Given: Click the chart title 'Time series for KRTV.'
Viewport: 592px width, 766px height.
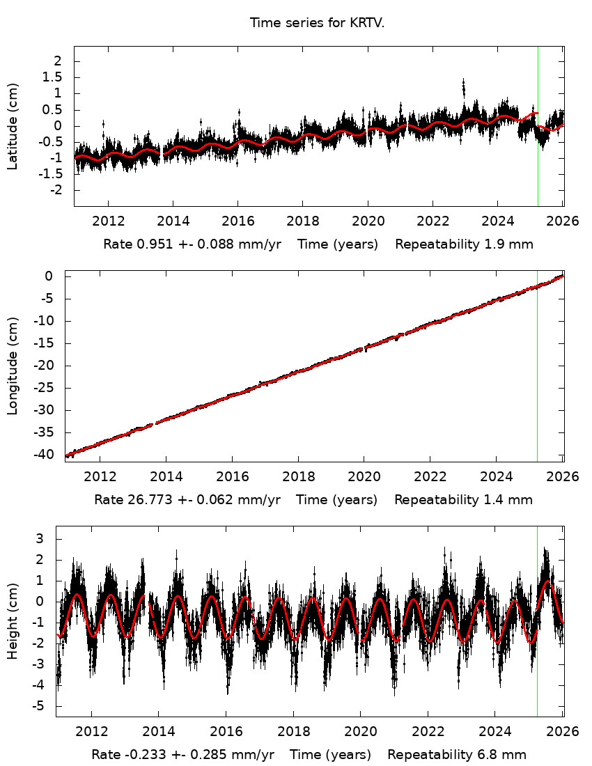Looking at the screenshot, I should coord(318,23).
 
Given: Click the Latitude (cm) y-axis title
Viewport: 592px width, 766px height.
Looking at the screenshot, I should coord(13,126).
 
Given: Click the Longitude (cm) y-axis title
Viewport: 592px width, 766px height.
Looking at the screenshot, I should coord(13,366).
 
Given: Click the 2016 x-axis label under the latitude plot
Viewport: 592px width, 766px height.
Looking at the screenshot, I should coord(237,221).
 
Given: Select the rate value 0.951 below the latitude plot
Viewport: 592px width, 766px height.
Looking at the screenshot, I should coord(148,244).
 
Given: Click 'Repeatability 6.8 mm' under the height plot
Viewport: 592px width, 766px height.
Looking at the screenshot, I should coord(457,755).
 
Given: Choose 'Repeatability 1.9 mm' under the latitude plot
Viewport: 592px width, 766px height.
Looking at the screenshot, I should coord(465,244).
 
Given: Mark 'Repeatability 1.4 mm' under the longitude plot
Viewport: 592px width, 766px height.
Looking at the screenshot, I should coord(463,500).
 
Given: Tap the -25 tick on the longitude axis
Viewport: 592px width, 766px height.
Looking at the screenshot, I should coord(48,388).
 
